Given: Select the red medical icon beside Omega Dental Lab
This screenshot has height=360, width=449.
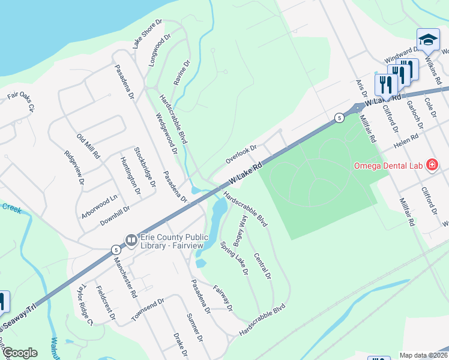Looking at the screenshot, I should pyautogui.click(x=431, y=164).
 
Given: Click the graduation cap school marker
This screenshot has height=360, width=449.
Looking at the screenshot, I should pyautogui.click(x=427, y=40).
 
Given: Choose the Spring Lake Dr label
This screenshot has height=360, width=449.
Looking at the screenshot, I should pyautogui.click(x=234, y=258).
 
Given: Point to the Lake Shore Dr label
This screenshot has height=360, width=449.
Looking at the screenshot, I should pyautogui.click(x=148, y=34).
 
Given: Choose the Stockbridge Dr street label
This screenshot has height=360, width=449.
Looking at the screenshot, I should pyautogui.click(x=145, y=166).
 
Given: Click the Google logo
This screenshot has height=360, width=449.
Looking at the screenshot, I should pyautogui.click(x=19, y=353).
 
